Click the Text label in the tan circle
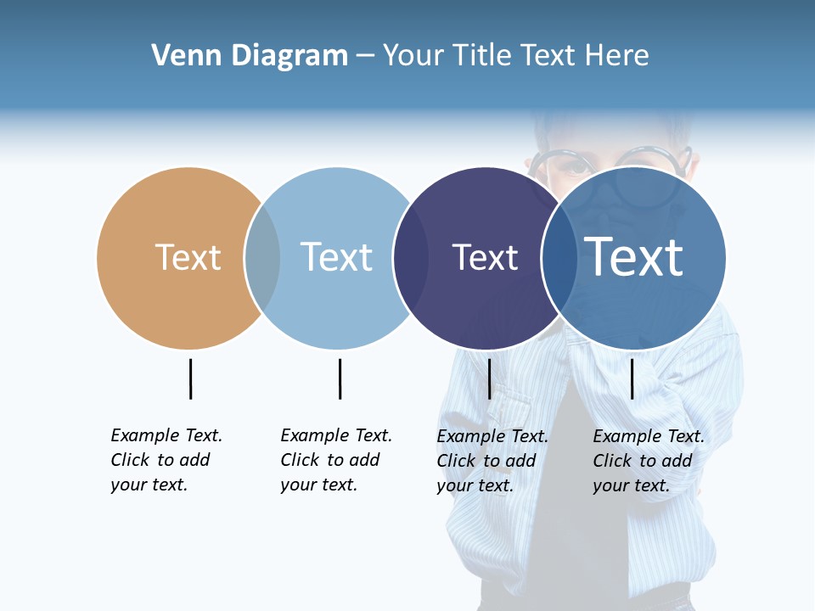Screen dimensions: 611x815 pyautogui.click(x=188, y=257)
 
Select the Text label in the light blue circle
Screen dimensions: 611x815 pyautogui.click(x=337, y=257)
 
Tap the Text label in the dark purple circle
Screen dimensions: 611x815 pyautogui.click(x=485, y=257)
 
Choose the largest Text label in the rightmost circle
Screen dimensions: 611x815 pyautogui.click(x=634, y=256)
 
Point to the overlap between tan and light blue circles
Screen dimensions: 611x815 pyautogui.click(x=262, y=258)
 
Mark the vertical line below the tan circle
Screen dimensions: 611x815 pyautogui.click(x=190, y=378)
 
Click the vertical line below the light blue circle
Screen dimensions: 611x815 pyautogui.click(x=340, y=378)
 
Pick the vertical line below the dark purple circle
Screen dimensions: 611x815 pyautogui.click(x=489, y=378)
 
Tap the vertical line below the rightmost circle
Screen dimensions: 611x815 pyautogui.click(x=632, y=378)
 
